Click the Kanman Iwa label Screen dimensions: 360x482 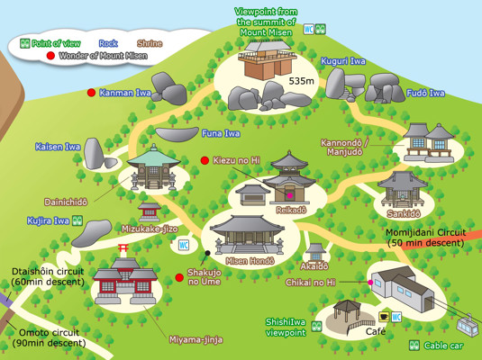[124, 92]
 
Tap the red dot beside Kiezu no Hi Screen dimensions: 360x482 [205, 160]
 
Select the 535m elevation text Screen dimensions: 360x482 [300, 82]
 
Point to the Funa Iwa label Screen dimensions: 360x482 [220, 134]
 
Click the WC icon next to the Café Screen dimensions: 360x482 [396, 316]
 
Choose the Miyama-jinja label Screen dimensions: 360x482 [196, 338]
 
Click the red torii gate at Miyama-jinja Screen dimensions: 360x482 [124, 265]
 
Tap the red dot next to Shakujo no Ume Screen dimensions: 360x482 [179, 277]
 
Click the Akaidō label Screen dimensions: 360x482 [314, 267]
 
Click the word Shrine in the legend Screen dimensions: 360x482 [149, 42]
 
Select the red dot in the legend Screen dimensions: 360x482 [50, 56]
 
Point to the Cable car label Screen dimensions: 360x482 [444, 345]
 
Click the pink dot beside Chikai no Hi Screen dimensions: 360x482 [369, 283]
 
